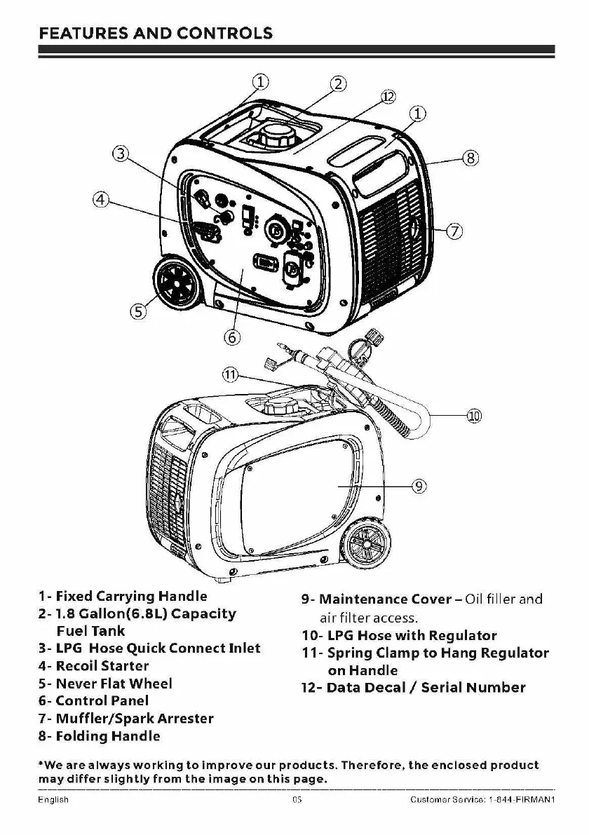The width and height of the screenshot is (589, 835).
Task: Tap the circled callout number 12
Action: [388, 96]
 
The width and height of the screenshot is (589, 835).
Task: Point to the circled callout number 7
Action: [454, 230]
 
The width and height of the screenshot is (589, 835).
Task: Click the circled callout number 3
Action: [122, 154]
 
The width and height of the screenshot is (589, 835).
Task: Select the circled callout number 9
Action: [419, 485]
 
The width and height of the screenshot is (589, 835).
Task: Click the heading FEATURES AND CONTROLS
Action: [156, 33]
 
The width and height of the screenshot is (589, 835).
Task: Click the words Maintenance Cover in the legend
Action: [384, 599]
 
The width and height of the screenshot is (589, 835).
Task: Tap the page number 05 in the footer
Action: [297, 800]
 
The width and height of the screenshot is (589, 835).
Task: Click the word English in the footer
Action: [53, 800]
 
